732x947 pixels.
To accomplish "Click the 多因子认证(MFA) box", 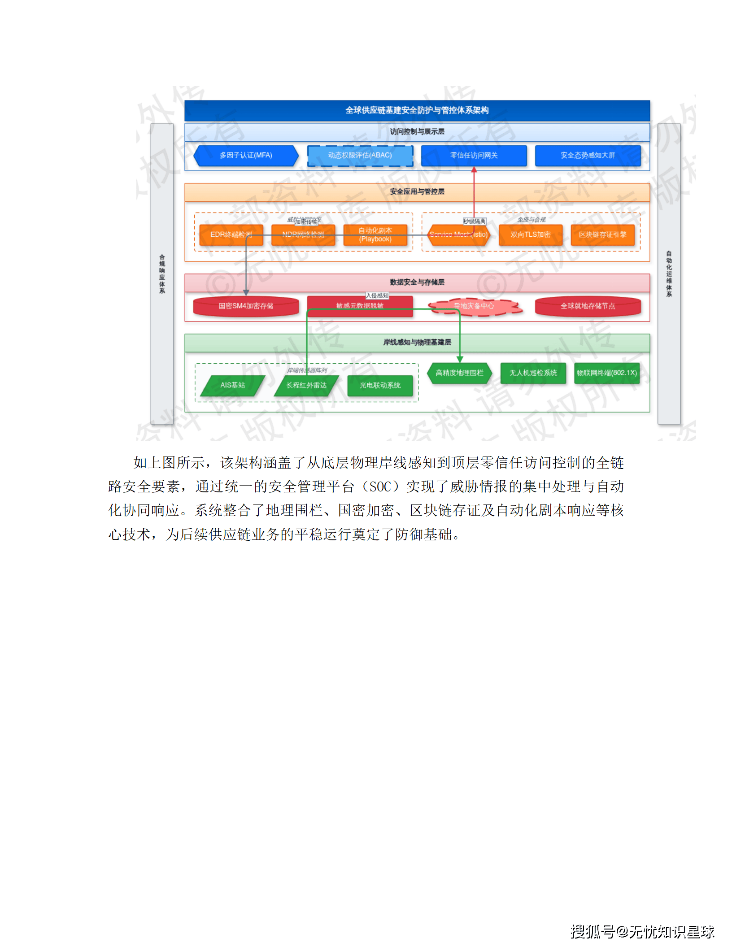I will tap(246, 156).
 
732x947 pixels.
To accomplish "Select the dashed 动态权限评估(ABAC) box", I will tap(360, 156).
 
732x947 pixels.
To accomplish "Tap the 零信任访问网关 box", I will tap(474, 156).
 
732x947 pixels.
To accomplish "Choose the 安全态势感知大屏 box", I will tap(588, 156).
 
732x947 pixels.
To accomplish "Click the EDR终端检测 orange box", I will tap(231, 235).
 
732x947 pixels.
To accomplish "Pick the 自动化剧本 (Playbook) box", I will tap(375, 235).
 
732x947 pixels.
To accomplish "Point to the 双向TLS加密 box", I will tap(530, 235).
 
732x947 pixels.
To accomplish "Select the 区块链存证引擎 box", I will tap(602, 235).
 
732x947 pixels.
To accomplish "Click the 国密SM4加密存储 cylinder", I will tap(246, 306).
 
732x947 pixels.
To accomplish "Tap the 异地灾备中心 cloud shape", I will tap(474, 306).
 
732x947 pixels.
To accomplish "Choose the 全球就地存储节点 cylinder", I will tap(588, 306).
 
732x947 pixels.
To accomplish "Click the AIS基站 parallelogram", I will tap(232, 386).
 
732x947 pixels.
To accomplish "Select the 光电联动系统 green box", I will tap(380, 386).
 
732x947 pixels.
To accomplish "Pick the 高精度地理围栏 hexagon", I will tap(459, 373).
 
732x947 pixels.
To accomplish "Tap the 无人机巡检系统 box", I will tap(533, 373).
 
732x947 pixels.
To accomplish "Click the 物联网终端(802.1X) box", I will tap(606, 373).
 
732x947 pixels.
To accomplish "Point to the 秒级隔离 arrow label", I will tap(474, 222).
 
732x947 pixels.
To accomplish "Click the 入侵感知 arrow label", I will tap(377, 295).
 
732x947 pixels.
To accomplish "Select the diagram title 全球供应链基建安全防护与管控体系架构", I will tap(417, 110).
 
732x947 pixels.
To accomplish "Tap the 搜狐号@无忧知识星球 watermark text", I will tap(642, 932).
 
